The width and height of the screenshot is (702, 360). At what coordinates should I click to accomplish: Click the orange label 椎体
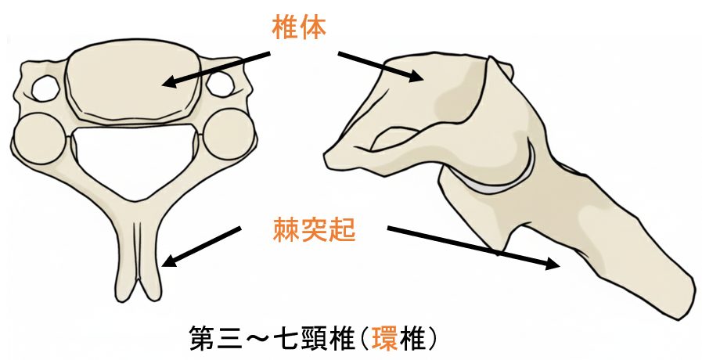299,27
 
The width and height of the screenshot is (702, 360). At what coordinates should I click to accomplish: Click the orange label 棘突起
315,230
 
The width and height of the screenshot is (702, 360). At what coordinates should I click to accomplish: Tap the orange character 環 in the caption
385,338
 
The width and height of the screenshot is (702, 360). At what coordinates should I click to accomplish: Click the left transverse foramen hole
45,88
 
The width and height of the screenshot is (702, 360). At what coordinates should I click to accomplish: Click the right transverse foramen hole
219,84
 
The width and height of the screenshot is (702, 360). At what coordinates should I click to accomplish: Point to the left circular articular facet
41,138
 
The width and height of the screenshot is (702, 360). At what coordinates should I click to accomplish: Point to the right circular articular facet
229,135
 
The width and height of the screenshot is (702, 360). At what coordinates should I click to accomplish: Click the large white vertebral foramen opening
135,157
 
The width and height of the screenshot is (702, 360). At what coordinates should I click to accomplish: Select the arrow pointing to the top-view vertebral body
216,69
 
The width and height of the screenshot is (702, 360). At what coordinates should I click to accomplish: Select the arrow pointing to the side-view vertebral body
380,67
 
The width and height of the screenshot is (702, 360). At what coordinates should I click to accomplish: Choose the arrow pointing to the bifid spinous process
201,247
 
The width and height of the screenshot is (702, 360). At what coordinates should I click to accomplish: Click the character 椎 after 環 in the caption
412,338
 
